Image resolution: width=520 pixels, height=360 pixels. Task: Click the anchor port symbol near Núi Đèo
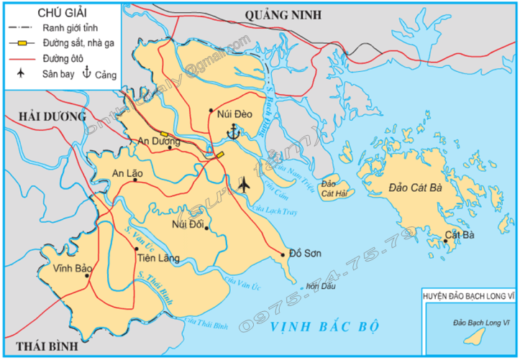(x=232, y=131)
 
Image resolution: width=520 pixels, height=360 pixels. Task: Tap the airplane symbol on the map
(x=244, y=184)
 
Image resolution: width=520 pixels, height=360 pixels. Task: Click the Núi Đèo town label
(x=232, y=111)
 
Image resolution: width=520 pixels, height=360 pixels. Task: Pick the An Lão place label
(x=128, y=172)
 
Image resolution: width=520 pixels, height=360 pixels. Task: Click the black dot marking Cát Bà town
(x=447, y=242)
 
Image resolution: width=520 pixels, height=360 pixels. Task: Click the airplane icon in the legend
(x=23, y=73)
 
